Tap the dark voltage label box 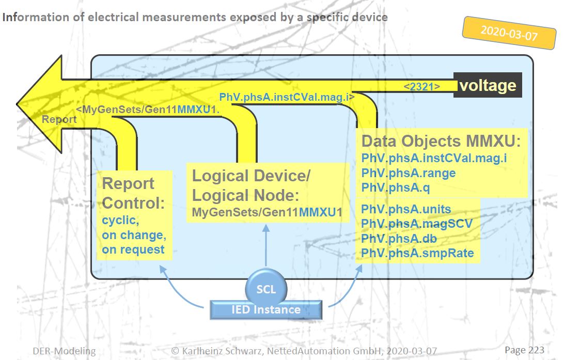pyautogui.click(x=488, y=85)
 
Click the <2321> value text pyautogui.click(x=421, y=87)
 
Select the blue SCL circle pyautogui.click(x=266, y=289)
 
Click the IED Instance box pyautogui.click(x=266, y=310)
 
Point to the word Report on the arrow pyautogui.click(x=59, y=119)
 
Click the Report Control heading pyautogui.click(x=133, y=193)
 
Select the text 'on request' pyautogui.click(x=133, y=250)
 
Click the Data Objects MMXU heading pyautogui.click(x=441, y=142)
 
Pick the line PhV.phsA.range pyautogui.click(x=409, y=173)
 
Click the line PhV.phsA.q pyautogui.click(x=396, y=188)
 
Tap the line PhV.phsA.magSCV pyautogui.click(x=417, y=224)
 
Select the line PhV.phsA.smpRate pyautogui.click(x=417, y=253)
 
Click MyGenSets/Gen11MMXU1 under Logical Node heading pyautogui.click(x=267, y=212)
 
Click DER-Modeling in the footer pyautogui.click(x=64, y=351)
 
